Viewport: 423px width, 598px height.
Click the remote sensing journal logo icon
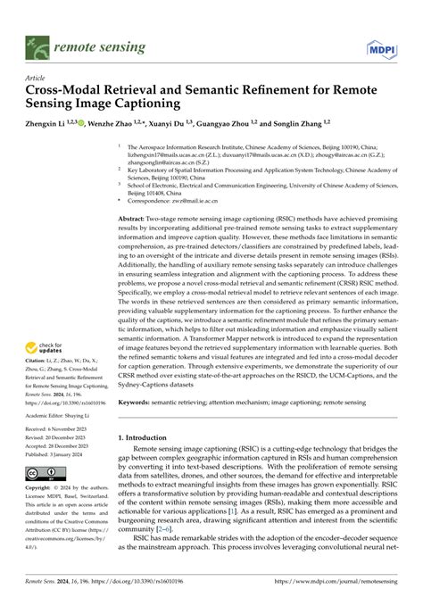pyautogui.click(x=37, y=42)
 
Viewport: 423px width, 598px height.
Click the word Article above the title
pyautogui.click(x=36, y=78)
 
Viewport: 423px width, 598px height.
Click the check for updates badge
pyautogui.click(x=46, y=350)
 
